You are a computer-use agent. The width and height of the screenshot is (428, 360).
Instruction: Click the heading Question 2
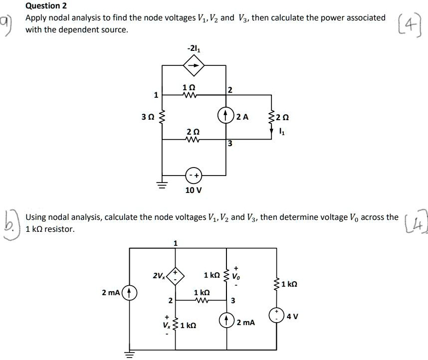(x=46, y=6)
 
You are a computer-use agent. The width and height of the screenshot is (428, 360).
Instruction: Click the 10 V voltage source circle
(x=193, y=176)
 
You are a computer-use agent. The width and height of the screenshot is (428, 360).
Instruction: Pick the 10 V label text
(x=193, y=190)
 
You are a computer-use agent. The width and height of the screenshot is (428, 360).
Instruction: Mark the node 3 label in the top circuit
(x=230, y=144)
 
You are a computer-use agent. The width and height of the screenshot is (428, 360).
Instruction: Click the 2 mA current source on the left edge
(x=130, y=292)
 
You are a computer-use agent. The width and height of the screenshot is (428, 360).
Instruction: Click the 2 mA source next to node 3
(x=227, y=319)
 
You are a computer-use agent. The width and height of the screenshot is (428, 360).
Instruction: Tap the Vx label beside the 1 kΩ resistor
(x=167, y=325)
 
